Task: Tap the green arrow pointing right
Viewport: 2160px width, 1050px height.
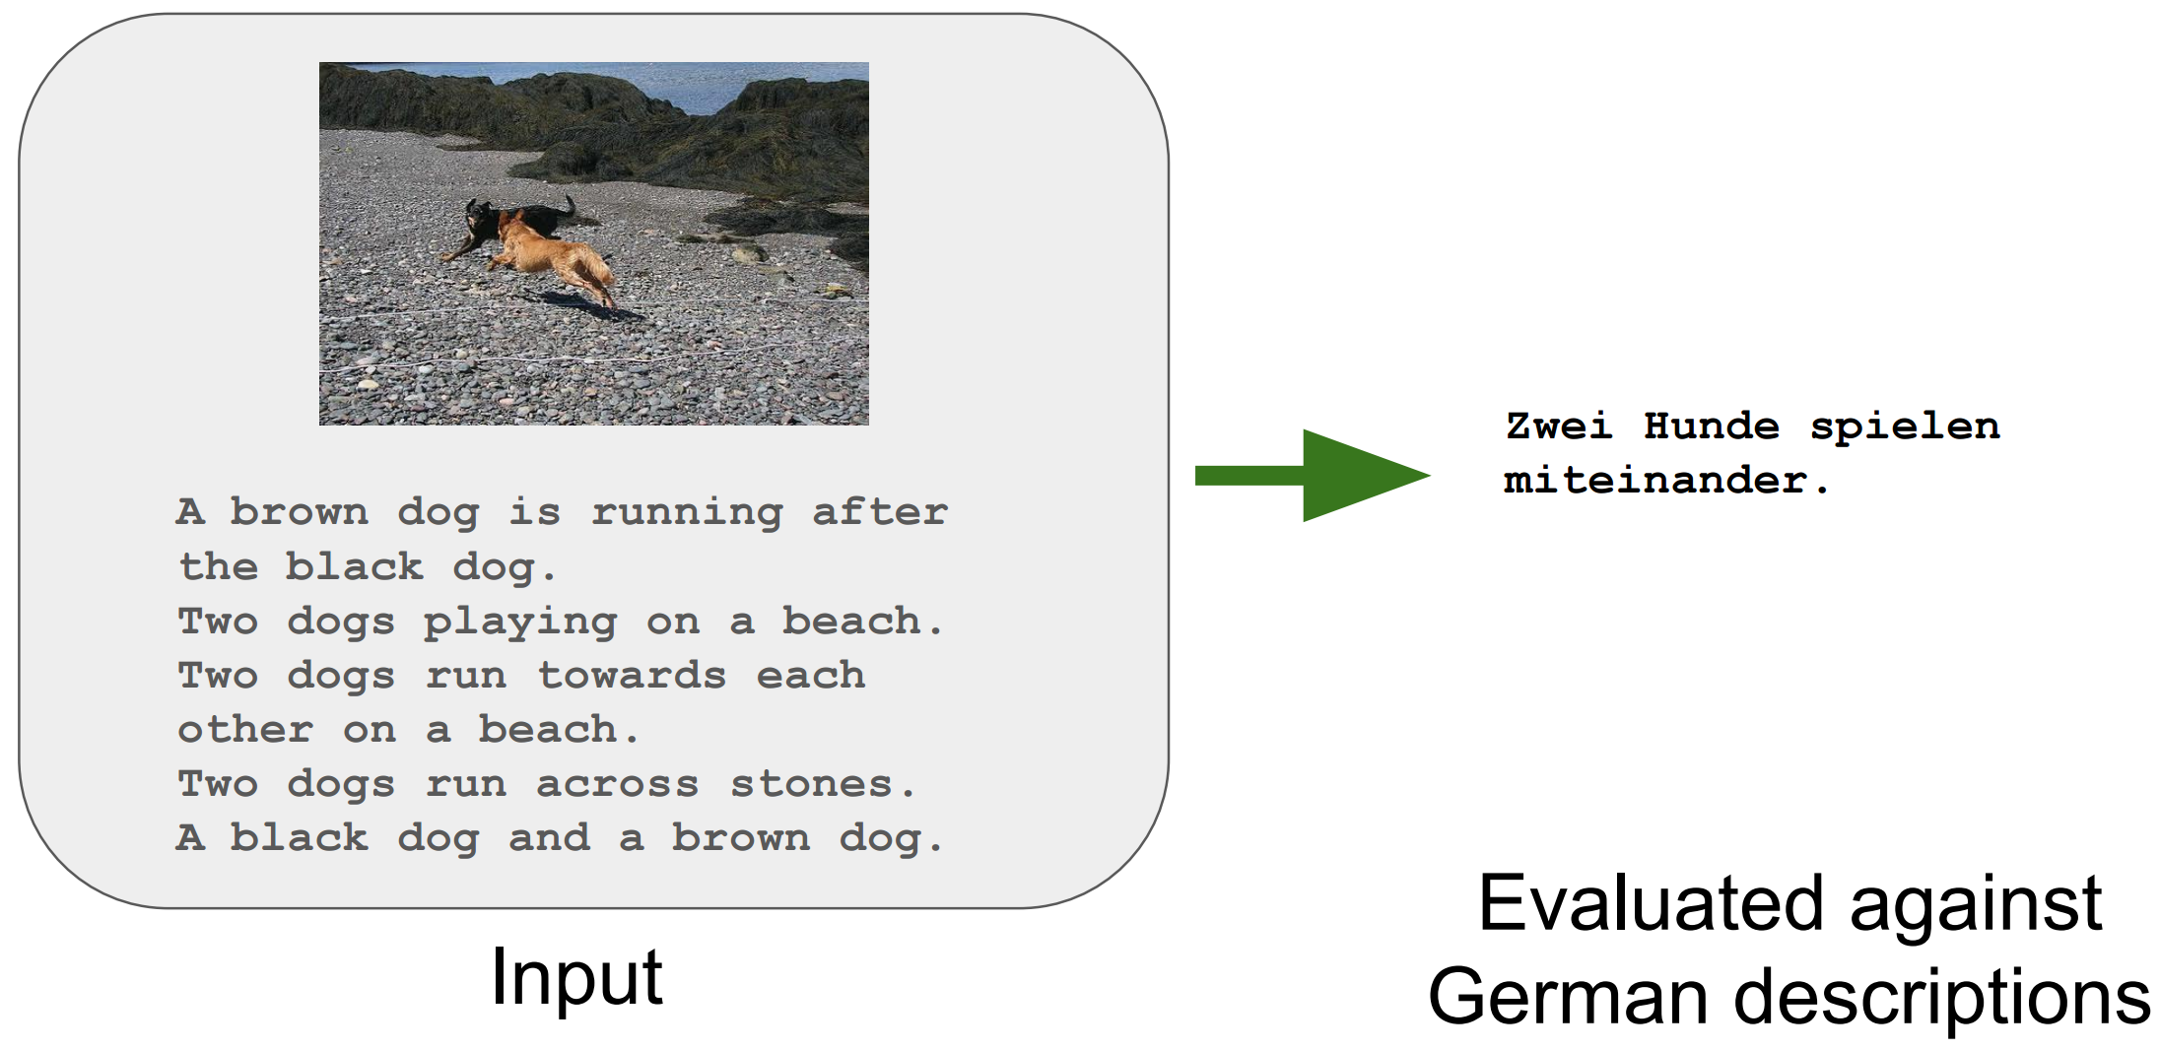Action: (1312, 476)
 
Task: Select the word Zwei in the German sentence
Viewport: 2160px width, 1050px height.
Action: (1559, 427)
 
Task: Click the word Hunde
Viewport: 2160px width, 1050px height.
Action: (1712, 427)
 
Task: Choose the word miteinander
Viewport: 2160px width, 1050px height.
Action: (1655, 481)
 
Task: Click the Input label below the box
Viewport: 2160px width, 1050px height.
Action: (576, 979)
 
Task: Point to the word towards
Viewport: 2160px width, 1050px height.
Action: (632, 676)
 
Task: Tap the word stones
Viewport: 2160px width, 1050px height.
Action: (823, 784)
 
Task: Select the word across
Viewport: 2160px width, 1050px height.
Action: (618, 785)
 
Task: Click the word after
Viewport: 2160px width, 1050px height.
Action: (880, 512)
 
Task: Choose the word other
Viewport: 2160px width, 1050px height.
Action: (245, 730)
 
